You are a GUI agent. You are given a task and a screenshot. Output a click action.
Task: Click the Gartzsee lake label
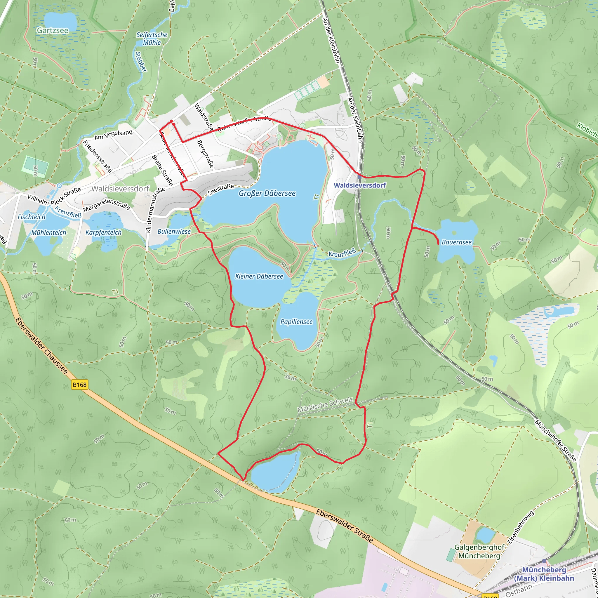click(53, 30)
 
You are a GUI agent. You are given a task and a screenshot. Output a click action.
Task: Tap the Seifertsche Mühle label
click(152, 39)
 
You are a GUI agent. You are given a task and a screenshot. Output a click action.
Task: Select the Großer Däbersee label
click(267, 194)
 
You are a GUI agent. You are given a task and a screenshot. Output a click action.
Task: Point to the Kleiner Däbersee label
click(259, 277)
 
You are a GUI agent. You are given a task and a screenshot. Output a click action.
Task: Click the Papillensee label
click(297, 322)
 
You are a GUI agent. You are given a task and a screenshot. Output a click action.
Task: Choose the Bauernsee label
click(457, 242)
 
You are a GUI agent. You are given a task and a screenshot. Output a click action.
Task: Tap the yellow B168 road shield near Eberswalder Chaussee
click(79, 385)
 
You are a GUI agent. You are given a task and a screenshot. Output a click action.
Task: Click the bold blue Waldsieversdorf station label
click(360, 185)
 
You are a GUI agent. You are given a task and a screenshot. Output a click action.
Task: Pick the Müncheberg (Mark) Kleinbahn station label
click(544, 574)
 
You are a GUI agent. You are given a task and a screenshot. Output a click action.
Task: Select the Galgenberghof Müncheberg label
click(479, 552)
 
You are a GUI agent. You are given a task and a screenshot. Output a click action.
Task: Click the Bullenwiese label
click(174, 232)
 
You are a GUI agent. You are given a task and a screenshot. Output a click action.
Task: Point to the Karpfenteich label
click(103, 232)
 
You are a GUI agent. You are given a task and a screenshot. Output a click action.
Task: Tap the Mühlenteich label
click(48, 232)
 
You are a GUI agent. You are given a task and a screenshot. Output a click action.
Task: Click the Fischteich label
click(31, 217)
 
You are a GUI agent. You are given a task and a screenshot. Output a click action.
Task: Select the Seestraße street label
click(221, 190)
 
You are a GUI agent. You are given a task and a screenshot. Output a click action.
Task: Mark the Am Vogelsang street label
click(113, 135)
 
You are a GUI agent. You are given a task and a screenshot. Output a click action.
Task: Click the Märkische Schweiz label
click(325, 404)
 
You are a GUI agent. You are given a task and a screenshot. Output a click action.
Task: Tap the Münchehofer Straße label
click(556, 441)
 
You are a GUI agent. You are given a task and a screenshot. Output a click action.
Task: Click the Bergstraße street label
click(205, 154)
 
